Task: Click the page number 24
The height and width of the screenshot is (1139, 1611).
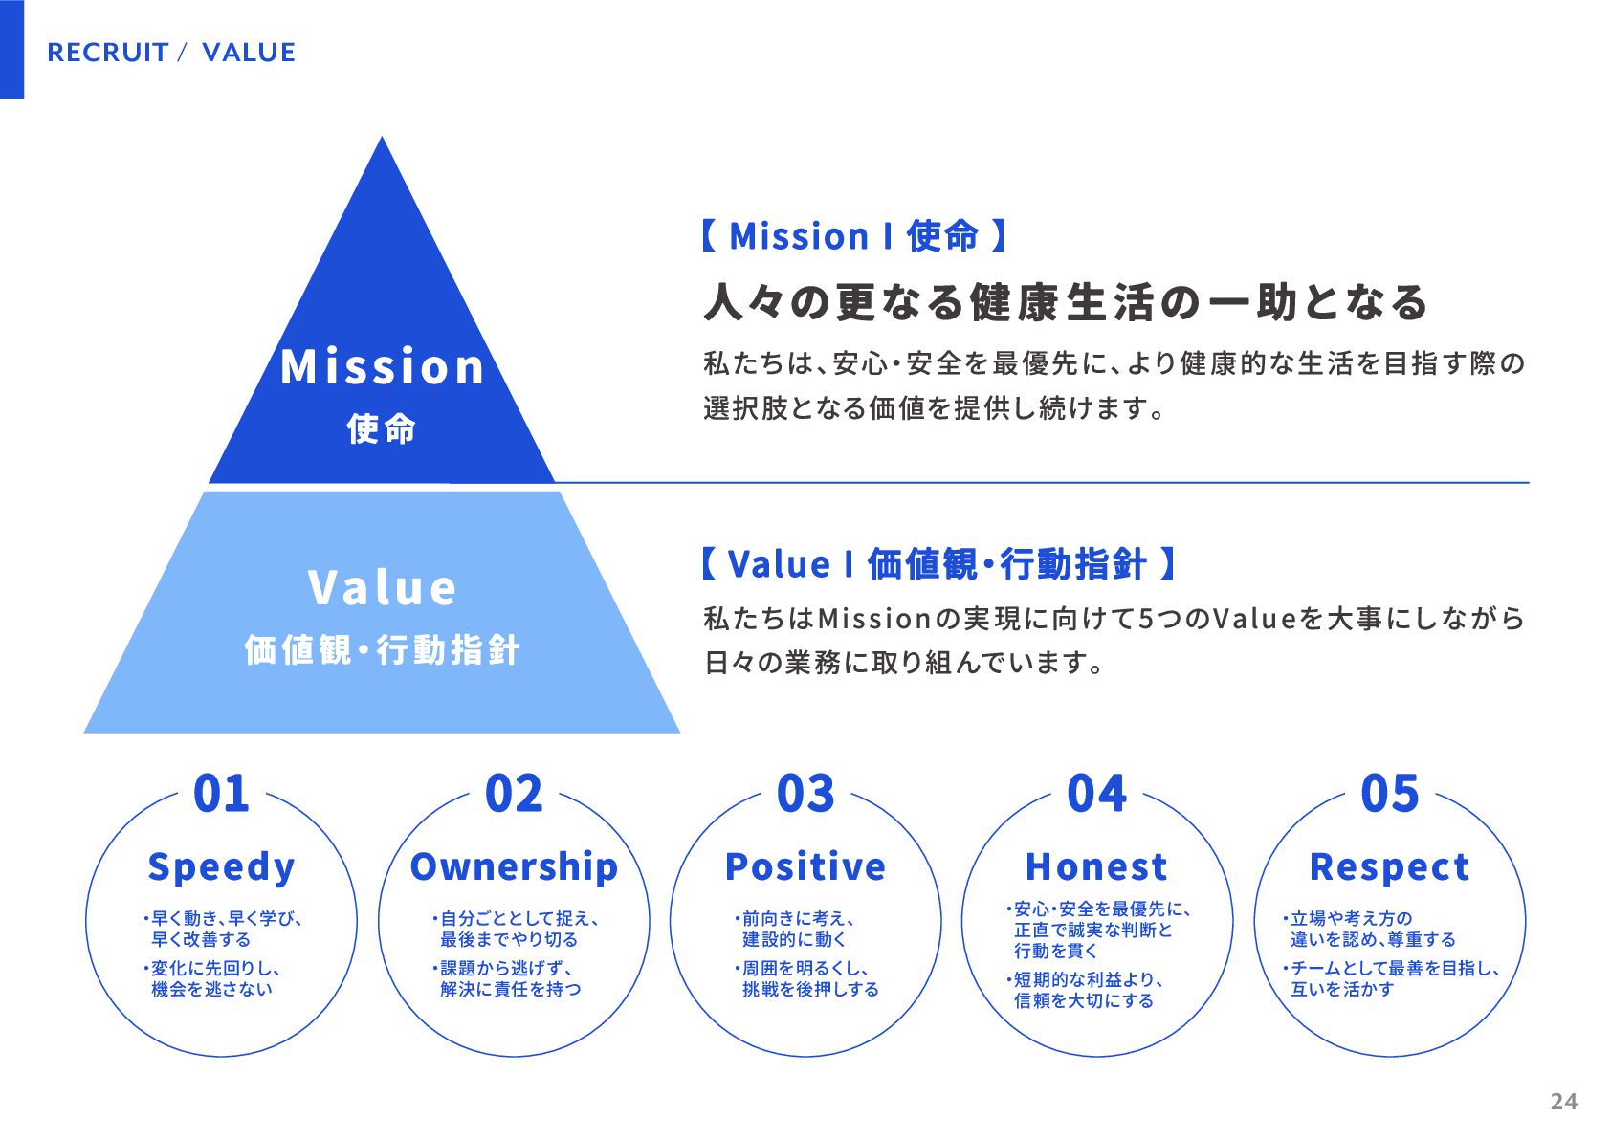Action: (x=1563, y=1102)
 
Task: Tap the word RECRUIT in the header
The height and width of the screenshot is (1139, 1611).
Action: (x=108, y=53)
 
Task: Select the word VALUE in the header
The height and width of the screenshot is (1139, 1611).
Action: (x=249, y=53)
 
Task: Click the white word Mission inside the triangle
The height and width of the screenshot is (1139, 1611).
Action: (x=383, y=367)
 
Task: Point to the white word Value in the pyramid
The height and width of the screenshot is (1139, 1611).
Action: (x=383, y=588)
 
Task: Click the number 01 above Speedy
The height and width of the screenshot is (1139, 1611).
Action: (x=221, y=794)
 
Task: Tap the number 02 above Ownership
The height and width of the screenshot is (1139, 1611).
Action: (x=514, y=794)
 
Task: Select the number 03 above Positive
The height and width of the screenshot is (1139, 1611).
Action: (x=805, y=794)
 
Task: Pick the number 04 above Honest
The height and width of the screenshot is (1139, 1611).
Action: (x=1097, y=794)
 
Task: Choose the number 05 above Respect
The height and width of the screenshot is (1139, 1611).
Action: (x=1390, y=794)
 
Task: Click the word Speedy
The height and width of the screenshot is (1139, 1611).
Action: (x=221, y=867)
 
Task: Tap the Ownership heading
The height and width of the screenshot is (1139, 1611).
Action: (x=514, y=866)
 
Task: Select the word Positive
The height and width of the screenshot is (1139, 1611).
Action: (x=805, y=866)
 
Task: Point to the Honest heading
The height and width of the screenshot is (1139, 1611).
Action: (x=1096, y=866)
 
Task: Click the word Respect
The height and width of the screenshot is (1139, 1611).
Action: (x=1389, y=866)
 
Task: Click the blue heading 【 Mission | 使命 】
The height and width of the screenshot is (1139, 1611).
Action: (x=854, y=235)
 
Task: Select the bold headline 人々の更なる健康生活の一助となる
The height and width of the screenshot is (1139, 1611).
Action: (x=1066, y=302)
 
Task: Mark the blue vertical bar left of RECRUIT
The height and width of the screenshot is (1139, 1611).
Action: (x=11, y=49)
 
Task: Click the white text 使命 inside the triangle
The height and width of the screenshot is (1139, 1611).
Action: (x=382, y=428)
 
